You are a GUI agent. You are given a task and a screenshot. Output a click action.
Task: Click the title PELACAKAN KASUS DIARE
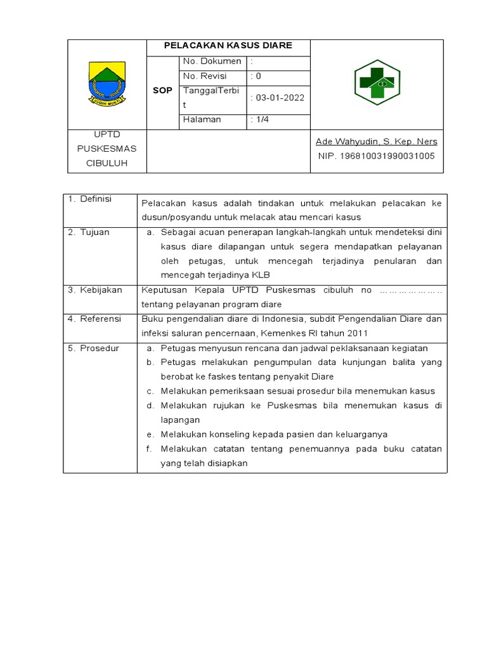click(228, 46)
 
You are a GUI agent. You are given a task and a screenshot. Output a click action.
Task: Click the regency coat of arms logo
click(107, 84)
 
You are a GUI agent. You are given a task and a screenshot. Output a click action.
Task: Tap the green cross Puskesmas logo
click(377, 83)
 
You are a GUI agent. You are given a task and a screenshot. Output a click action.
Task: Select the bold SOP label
click(162, 91)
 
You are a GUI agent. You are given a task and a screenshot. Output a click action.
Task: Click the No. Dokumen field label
click(212, 62)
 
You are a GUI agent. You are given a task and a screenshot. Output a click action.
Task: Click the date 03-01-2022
click(278, 98)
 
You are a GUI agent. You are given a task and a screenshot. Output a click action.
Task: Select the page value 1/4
click(261, 119)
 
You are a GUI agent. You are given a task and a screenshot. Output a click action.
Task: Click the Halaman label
click(202, 119)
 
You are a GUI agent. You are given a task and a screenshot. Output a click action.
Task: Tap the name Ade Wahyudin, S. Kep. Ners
click(376, 142)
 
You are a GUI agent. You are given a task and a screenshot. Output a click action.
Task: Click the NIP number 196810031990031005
click(376, 156)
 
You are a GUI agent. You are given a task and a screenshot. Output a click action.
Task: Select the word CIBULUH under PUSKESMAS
click(107, 163)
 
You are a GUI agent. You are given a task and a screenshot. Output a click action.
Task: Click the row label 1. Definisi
click(89, 199)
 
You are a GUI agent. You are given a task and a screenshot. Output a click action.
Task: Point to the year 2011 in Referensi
click(357, 333)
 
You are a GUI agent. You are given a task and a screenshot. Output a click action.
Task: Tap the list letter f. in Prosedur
click(150, 449)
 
